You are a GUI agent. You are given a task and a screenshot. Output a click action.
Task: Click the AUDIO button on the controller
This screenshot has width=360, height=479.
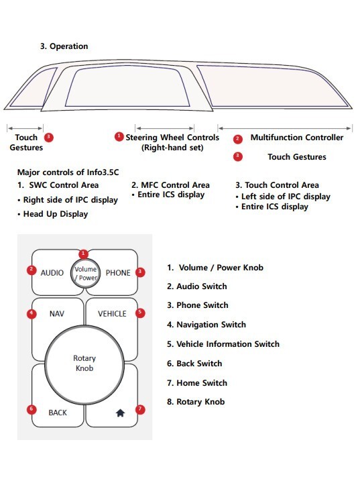(52, 273)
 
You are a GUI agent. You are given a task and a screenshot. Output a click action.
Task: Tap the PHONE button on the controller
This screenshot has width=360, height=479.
(117, 273)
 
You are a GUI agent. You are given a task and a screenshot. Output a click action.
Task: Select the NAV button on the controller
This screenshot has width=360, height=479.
(56, 313)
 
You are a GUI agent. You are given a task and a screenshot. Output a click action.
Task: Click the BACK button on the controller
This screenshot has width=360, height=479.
(58, 413)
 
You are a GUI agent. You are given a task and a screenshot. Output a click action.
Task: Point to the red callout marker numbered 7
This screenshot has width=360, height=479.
(139, 409)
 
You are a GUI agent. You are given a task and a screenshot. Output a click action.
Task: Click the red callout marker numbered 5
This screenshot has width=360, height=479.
(139, 313)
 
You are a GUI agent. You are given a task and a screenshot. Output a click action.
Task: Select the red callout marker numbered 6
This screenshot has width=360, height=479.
(31, 409)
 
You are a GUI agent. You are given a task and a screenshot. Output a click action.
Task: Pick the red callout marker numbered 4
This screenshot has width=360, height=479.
(31, 313)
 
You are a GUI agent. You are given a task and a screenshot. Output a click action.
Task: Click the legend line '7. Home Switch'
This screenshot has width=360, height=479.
(197, 383)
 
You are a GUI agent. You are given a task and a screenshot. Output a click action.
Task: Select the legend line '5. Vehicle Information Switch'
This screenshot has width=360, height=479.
(223, 344)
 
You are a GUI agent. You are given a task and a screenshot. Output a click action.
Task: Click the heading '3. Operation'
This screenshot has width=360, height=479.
(64, 46)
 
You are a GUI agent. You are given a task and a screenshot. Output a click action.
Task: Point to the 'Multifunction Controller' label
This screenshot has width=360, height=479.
(296, 138)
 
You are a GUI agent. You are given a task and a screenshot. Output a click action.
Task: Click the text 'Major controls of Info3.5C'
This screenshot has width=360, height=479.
(68, 172)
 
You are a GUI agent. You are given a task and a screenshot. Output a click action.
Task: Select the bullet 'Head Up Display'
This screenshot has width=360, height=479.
(56, 214)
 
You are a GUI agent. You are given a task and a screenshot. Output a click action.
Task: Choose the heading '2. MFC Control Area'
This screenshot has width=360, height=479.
(170, 184)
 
